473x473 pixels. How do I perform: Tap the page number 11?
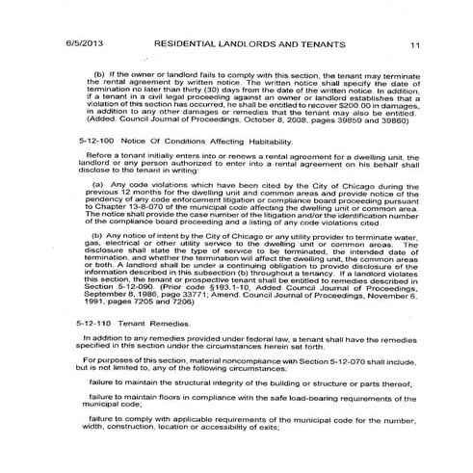point(415,44)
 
